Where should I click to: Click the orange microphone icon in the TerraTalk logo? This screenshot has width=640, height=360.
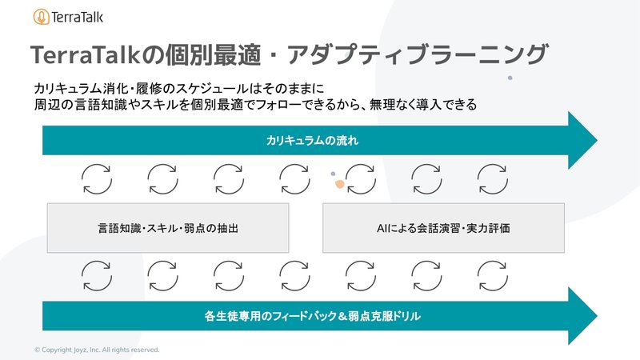pos(42,17)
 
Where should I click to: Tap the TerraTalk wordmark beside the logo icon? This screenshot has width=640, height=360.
pos(77,17)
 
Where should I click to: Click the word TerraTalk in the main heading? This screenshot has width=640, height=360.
pos(86,54)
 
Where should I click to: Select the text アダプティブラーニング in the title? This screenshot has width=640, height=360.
pos(417,54)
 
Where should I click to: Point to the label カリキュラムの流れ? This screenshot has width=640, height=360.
pos(312,141)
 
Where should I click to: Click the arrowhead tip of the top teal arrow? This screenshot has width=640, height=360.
pos(597,141)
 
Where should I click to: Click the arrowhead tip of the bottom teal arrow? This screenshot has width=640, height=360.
pos(597,315)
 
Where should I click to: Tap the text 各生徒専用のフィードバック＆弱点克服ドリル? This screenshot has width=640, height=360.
pos(312,316)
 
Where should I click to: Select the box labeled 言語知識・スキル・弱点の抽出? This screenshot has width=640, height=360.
pos(168,228)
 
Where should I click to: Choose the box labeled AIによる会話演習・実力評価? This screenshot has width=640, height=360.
pos(443,228)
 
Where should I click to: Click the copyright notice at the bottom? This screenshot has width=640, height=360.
pos(97,350)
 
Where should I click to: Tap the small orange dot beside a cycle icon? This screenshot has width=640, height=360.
pos(339,185)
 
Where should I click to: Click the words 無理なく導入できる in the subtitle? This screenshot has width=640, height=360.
pos(423,105)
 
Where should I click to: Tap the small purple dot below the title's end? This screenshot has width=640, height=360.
pos(510,78)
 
